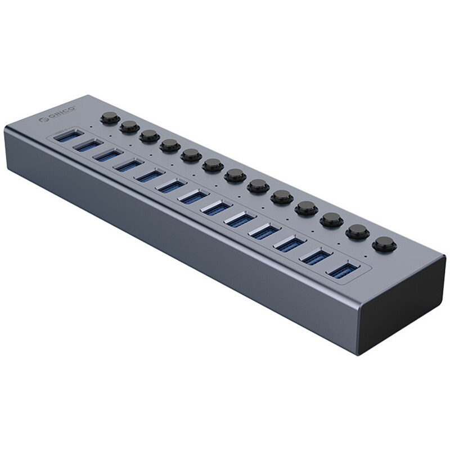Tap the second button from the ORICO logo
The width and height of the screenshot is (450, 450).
(x=129, y=126)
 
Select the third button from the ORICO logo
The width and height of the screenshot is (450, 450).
(x=149, y=135)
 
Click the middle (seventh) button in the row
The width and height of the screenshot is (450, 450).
(x=235, y=175)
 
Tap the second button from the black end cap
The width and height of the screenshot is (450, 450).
(x=357, y=231)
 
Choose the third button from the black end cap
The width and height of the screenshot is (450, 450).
(x=332, y=219)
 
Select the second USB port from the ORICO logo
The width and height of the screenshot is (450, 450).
(x=87, y=145)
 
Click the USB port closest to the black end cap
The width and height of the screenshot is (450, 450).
(x=340, y=269)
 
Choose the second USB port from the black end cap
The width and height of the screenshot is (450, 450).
(x=314, y=256)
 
